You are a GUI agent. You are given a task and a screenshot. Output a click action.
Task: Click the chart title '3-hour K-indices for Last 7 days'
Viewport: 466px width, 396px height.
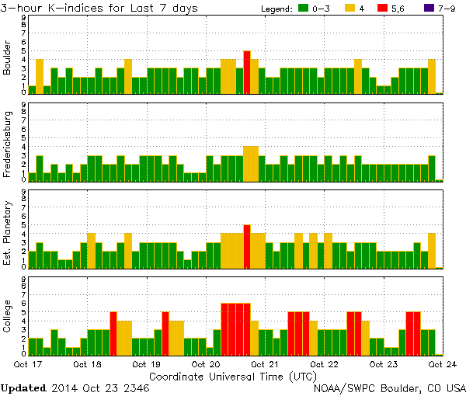pos(99,8)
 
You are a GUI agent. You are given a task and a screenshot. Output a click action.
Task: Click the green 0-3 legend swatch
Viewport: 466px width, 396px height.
pos(304,8)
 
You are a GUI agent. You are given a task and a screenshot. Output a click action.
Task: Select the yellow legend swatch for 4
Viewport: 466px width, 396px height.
pos(350,8)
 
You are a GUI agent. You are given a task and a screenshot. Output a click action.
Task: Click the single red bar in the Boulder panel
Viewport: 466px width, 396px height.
pos(247,72)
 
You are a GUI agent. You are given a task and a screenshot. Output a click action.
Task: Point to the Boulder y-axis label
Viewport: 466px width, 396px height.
pos(8,57)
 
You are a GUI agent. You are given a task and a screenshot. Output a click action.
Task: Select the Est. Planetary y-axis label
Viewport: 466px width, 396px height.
pos(8,231)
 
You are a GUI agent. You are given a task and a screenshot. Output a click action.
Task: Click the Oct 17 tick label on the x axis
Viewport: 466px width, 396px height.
pos(28,363)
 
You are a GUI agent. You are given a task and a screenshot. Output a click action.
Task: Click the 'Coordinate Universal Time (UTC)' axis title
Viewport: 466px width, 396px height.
pos(233,375)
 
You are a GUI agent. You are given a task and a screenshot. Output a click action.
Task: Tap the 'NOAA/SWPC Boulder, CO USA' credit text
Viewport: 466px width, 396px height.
pos(389,387)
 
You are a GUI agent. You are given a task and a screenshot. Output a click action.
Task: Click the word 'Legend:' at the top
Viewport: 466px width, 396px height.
pos(273,8)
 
